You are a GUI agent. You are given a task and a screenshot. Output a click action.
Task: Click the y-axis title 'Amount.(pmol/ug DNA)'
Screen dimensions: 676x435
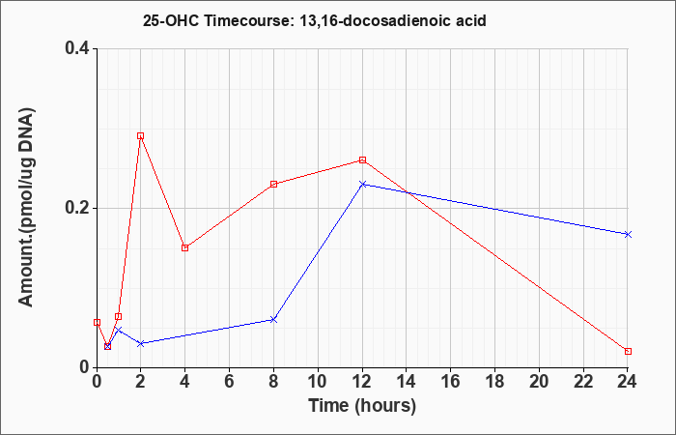[x=27, y=207]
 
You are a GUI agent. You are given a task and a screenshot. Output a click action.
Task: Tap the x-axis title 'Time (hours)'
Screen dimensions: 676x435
[x=362, y=406]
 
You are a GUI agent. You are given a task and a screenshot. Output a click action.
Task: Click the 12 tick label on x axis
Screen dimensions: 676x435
[x=362, y=382]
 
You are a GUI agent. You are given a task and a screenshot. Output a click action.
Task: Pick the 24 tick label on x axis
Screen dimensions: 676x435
[x=628, y=382]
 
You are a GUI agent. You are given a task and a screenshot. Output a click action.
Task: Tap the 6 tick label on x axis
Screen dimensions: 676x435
[x=230, y=382]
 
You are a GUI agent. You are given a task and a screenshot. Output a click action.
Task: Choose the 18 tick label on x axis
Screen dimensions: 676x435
[x=494, y=382]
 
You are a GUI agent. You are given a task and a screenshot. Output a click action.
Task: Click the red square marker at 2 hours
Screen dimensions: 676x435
[x=140, y=136]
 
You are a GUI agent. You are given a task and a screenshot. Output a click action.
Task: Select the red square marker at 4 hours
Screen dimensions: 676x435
[x=185, y=247]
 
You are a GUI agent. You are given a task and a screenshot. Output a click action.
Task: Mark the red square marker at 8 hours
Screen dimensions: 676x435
[x=273, y=185]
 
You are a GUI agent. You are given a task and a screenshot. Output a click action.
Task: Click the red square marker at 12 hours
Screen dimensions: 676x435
[x=362, y=160]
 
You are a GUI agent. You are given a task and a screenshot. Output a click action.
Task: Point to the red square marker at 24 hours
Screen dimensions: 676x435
[x=628, y=351]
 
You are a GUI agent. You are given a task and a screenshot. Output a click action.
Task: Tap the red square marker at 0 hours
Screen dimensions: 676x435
[x=97, y=322]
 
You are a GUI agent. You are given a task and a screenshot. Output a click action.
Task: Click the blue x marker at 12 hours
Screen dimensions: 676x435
[x=362, y=185]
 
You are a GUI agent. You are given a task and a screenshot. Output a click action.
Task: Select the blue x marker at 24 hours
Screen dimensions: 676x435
[x=628, y=234]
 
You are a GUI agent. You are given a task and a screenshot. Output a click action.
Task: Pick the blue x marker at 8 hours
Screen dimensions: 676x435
[x=273, y=319]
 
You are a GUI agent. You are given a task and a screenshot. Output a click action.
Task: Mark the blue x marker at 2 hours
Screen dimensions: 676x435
[x=140, y=343]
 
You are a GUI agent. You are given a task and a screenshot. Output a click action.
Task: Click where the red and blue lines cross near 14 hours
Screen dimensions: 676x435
[x=407, y=192]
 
